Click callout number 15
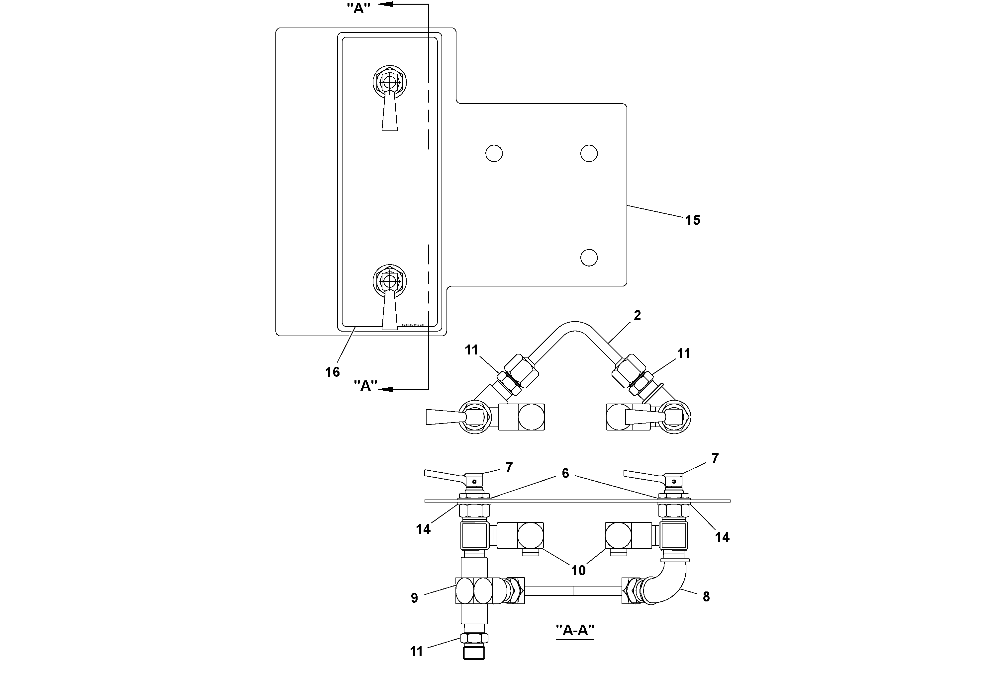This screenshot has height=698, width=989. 693,220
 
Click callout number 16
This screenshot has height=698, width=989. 332,372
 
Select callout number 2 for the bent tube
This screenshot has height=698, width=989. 637,315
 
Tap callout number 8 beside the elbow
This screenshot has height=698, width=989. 706,596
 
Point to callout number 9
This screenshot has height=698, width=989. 414,598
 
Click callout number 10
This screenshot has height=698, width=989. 578,570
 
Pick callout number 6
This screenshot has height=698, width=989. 565,473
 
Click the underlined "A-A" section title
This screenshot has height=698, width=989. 575,630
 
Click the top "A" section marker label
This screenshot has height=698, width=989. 358,8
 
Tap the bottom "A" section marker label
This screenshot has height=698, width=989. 365,386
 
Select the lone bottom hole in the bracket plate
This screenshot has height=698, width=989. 589,258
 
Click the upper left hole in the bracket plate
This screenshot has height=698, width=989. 494,153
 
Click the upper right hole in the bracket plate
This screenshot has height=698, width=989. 589,153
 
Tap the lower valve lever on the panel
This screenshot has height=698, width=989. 390,310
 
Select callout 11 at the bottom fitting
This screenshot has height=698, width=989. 416,652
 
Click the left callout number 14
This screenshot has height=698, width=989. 423,529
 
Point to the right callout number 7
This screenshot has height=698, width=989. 715,459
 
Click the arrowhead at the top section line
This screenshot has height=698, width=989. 385,4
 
